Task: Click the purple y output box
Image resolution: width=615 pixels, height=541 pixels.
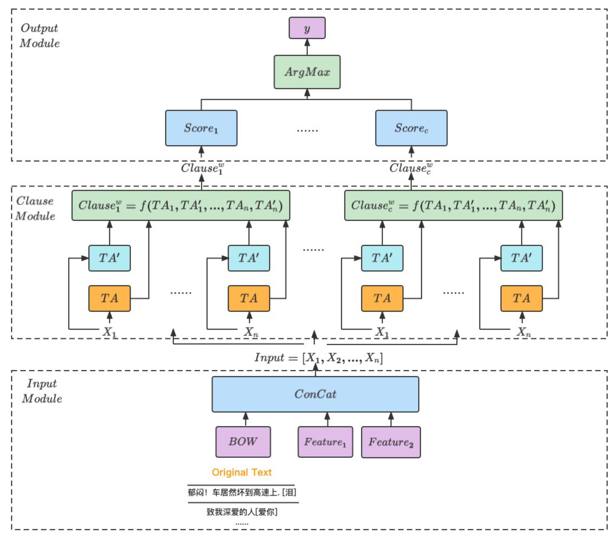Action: [307, 28]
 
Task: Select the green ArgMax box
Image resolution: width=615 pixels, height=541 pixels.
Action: [307, 72]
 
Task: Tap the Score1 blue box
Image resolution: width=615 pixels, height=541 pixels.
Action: [201, 128]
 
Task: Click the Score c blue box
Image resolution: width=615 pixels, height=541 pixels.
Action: [411, 128]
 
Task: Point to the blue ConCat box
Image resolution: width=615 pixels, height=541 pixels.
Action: [315, 394]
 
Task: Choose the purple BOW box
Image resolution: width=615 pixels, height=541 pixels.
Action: [243, 442]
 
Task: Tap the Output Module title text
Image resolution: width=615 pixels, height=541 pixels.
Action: [39, 35]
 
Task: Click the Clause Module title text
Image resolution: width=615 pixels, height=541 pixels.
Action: [35, 208]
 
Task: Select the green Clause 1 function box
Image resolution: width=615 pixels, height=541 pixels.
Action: [180, 205]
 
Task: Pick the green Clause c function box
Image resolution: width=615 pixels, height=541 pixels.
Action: [453, 205]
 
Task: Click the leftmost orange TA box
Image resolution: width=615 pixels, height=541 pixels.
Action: [109, 298]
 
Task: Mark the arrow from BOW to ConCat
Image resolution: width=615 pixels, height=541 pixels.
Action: [246, 419]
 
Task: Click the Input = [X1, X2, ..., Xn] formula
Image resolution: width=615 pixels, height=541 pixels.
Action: [319, 357]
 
